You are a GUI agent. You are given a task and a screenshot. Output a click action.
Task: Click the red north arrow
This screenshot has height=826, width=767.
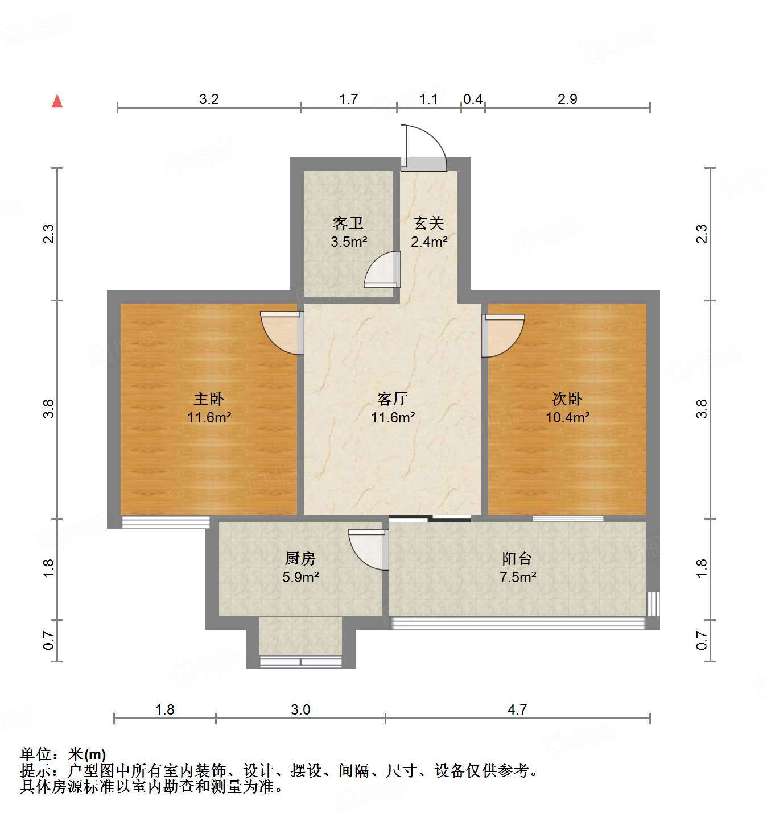click(x=57, y=101)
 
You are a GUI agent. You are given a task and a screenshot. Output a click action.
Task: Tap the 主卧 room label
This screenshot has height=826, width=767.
click(x=209, y=399)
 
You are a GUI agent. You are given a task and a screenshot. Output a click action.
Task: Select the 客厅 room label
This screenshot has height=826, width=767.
click(x=393, y=399)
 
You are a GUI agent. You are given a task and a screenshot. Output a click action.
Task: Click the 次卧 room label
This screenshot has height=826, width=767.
click(x=567, y=399)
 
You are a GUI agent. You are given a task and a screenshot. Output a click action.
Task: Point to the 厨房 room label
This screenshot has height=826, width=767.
click(x=300, y=559)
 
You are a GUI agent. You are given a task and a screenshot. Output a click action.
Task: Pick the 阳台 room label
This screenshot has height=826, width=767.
click(x=517, y=559)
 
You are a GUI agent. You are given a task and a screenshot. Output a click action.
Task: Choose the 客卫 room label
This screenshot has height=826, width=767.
click(x=348, y=223)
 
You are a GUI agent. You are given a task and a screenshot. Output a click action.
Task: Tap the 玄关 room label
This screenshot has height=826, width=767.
click(x=428, y=223)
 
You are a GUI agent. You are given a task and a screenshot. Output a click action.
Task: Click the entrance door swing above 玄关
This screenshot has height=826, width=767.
click(x=426, y=147)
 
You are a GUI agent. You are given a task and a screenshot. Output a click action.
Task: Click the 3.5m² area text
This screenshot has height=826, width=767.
click(x=349, y=242)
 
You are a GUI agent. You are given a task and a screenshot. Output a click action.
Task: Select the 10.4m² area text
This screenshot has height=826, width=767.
click(x=567, y=417)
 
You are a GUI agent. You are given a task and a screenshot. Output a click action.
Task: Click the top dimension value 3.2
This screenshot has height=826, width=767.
click(x=209, y=99)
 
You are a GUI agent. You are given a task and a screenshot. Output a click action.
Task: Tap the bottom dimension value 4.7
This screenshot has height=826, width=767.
click(x=517, y=709)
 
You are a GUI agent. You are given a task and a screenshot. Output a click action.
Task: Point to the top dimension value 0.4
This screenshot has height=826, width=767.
click(x=473, y=99)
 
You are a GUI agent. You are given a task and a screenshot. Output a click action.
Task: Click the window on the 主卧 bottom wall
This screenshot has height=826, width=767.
click(x=166, y=522)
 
